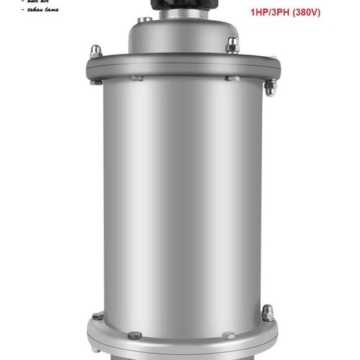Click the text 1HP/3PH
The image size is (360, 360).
pyautogui.click(x=271, y=12)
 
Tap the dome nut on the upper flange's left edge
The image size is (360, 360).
pyautogui.click(x=95, y=52)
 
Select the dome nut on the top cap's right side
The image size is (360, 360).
pyautogui.click(x=232, y=45)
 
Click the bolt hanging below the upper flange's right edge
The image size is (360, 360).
pyautogui.click(x=270, y=87)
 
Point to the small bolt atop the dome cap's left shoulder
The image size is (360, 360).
pyautogui.click(x=145, y=19)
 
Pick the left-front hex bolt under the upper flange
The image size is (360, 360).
pyautogui.click(x=136, y=77)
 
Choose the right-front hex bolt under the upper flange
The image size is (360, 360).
pyautogui.click(x=232, y=77)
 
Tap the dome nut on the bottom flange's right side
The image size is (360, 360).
pyautogui.click(x=268, y=313)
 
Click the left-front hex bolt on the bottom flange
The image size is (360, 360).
pyautogui.click(x=135, y=335)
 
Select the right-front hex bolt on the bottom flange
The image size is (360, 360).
pyautogui.click(x=228, y=335)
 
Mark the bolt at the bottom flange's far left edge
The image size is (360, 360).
pyautogui.click(x=97, y=316)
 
